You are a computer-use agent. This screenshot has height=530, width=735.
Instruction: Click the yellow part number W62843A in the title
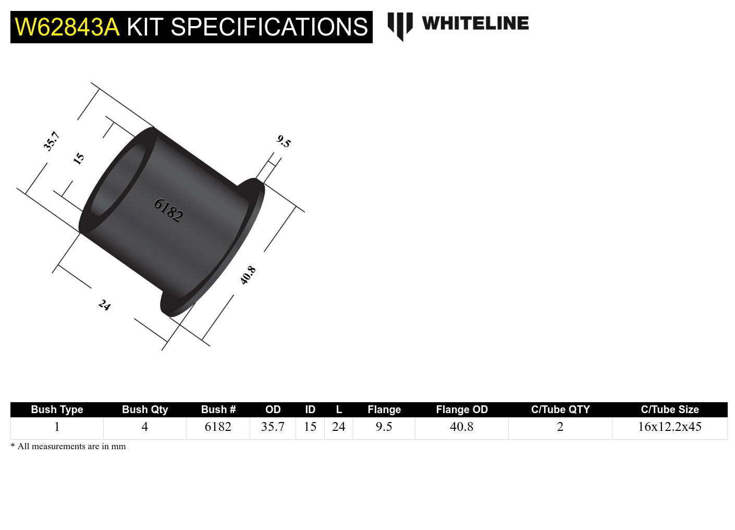click(67, 27)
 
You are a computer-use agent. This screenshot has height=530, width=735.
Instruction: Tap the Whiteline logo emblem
click(400, 25)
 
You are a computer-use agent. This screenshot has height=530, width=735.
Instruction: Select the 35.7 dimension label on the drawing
click(52, 141)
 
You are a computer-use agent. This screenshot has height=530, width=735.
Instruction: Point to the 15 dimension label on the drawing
click(79, 159)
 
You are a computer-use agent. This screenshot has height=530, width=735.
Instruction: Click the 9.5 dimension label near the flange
click(284, 141)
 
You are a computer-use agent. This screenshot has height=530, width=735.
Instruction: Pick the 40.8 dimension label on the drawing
click(248, 275)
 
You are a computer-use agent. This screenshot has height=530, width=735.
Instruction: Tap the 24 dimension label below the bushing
click(104, 305)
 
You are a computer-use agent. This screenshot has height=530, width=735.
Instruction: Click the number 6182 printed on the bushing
click(168, 210)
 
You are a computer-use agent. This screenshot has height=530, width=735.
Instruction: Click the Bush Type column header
click(57, 409)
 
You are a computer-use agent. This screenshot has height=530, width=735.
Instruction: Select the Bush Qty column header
click(145, 409)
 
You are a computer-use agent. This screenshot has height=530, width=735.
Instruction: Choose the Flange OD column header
click(461, 409)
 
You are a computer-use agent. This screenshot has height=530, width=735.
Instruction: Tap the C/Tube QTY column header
click(560, 409)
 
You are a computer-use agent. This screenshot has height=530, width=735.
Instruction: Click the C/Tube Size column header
click(669, 409)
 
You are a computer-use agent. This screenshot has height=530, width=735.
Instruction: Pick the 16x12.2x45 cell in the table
click(669, 427)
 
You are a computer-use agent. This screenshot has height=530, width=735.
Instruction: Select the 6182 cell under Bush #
click(218, 427)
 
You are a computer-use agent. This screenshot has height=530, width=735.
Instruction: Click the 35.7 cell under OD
click(273, 427)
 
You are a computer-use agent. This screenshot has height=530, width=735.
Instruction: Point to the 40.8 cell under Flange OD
click(461, 427)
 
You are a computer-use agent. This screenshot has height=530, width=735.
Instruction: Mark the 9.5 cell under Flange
click(384, 427)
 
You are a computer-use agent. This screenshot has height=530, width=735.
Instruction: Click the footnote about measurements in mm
click(68, 447)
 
